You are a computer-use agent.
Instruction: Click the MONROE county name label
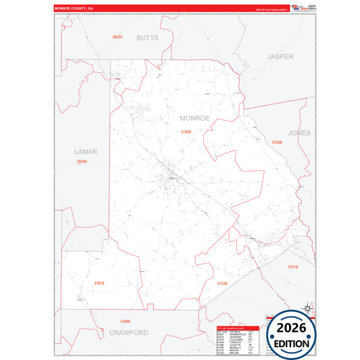tap(195, 118)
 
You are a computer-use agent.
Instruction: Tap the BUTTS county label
tap(147, 38)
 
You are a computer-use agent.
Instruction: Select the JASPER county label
tap(280, 57)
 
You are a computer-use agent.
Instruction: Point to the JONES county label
tap(299, 133)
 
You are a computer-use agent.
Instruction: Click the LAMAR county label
tap(86, 152)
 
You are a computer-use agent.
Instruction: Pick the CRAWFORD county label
tap(128, 333)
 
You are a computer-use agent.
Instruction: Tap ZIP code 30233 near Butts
tap(118, 36)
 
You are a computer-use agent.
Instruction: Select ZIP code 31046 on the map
tap(277, 143)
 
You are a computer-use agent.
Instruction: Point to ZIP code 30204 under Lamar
tap(82, 161)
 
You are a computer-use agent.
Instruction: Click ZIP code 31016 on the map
tap(99, 282)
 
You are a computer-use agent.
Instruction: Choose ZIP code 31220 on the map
tap(222, 284)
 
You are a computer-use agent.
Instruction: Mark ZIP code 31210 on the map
tap(292, 267)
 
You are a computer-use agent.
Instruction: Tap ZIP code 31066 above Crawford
tap(124, 321)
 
